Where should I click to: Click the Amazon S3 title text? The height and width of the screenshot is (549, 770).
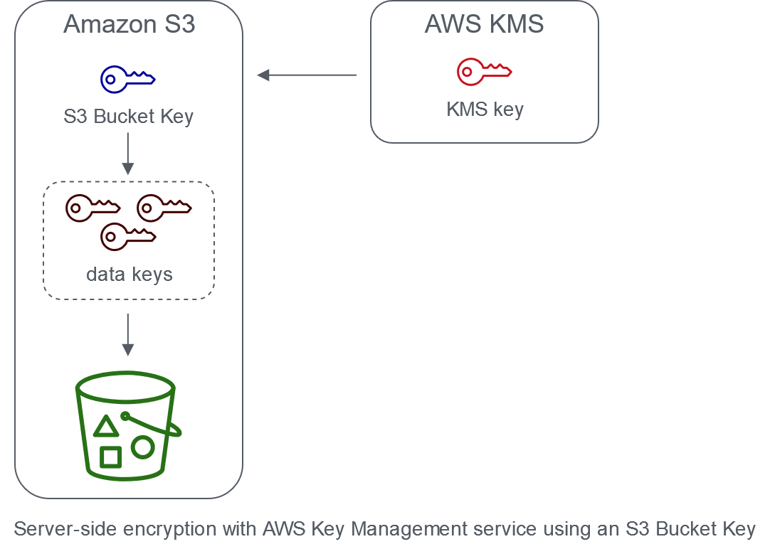[x=129, y=24]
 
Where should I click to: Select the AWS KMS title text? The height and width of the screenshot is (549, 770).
[x=484, y=24]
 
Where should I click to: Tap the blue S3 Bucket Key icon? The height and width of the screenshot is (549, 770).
[x=128, y=79]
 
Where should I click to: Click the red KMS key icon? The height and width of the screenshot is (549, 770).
[x=484, y=70]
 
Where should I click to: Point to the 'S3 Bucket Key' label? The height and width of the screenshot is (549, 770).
[x=128, y=116]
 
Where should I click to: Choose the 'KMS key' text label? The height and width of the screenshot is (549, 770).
[x=484, y=110]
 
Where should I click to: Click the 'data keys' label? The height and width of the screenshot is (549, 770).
[x=129, y=274]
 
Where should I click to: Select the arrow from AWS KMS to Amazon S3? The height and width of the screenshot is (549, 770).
[x=306, y=75]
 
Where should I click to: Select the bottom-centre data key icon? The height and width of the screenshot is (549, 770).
[x=128, y=236]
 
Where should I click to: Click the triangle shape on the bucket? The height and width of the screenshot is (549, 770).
[x=106, y=427]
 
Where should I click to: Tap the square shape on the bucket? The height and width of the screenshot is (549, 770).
[x=110, y=457]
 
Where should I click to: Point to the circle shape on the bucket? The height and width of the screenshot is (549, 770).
[x=142, y=447]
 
